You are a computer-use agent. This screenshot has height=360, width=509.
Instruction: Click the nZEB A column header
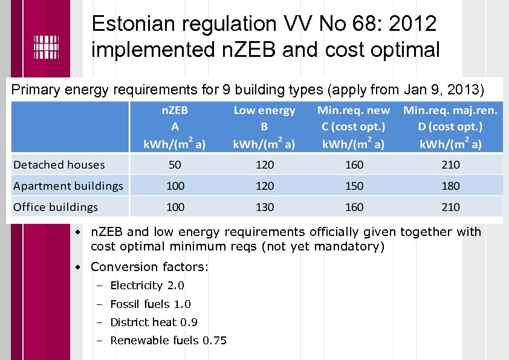pyautogui.click(x=175, y=127)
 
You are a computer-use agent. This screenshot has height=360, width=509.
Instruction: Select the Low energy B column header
pyautogui.click(x=265, y=127)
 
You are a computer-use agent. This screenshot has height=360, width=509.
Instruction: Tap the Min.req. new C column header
pyautogui.click(x=354, y=127)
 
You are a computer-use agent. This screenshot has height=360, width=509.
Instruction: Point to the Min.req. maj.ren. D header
pyautogui.click(x=451, y=127)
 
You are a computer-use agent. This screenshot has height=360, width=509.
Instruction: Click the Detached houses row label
pyautogui.click(x=59, y=165)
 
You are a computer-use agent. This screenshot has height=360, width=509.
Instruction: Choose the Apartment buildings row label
pyautogui.click(x=68, y=186)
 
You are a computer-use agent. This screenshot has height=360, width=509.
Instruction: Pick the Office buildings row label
pyautogui.click(x=56, y=207)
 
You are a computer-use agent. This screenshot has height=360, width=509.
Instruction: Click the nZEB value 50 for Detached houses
pyautogui.click(x=175, y=165)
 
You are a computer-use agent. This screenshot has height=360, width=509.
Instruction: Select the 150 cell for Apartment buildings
pyautogui.click(x=354, y=186)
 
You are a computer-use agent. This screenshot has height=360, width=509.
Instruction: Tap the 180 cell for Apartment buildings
pyautogui.click(x=451, y=186)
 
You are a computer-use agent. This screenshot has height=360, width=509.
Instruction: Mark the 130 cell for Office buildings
pyautogui.click(x=265, y=207)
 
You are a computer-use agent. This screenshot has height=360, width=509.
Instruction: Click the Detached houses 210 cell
pyautogui.click(x=451, y=165)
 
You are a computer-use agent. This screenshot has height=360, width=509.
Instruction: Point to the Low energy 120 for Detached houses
pyautogui.click(x=265, y=165)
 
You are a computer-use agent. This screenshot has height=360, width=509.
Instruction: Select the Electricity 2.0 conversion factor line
pyautogui.click(x=147, y=286)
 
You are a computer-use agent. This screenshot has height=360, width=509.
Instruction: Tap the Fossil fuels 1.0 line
pyautogui.click(x=151, y=304)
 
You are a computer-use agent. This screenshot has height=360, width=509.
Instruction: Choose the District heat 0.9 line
pyautogui.click(x=154, y=322)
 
